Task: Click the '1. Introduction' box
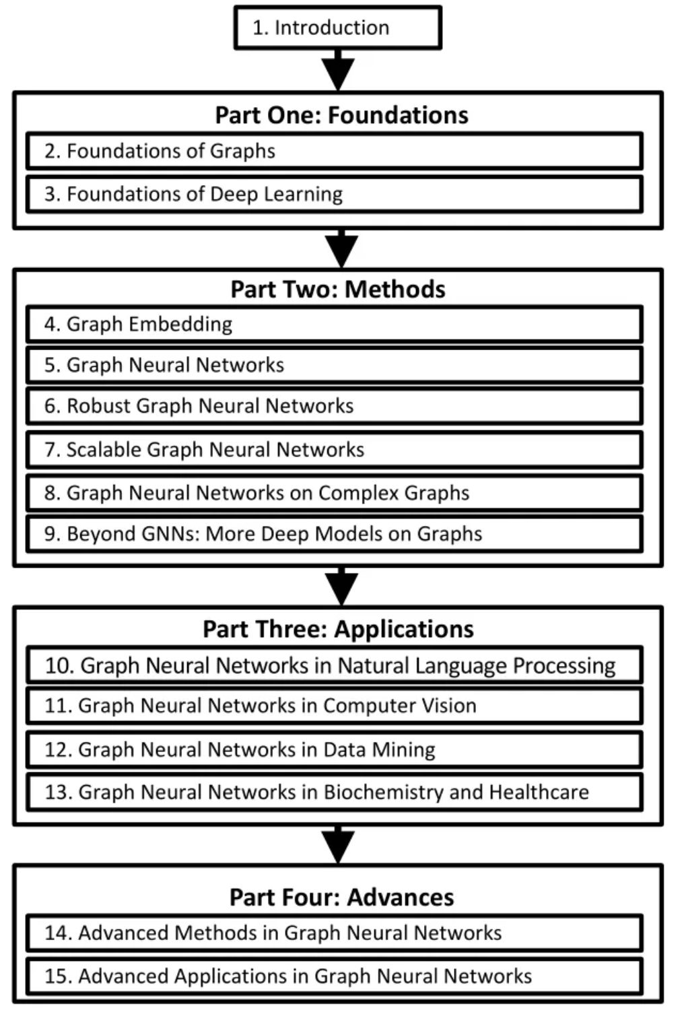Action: pyautogui.click(x=338, y=28)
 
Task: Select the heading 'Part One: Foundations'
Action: pyautogui.click(x=342, y=115)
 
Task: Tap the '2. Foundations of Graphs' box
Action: pyautogui.click(x=335, y=151)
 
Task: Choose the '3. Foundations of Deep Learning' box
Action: pyautogui.click(x=335, y=195)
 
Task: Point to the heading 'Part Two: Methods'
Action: pyautogui.click(x=338, y=289)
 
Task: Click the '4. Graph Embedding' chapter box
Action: pyautogui.click(x=335, y=324)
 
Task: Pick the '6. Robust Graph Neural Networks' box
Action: pyautogui.click(x=335, y=406)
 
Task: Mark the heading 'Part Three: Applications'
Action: pyautogui.click(x=338, y=629)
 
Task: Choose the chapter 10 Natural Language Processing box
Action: pyautogui.click(x=335, y=665)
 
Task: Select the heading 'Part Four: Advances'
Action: pyautogui.click(x=342, y=898)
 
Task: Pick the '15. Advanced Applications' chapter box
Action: pyautogui.click(x=335, y=976)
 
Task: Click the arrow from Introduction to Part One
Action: pyautogui.click(x=338, y=70)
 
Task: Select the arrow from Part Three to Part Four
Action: pyautogui.click(x=338, y=845)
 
